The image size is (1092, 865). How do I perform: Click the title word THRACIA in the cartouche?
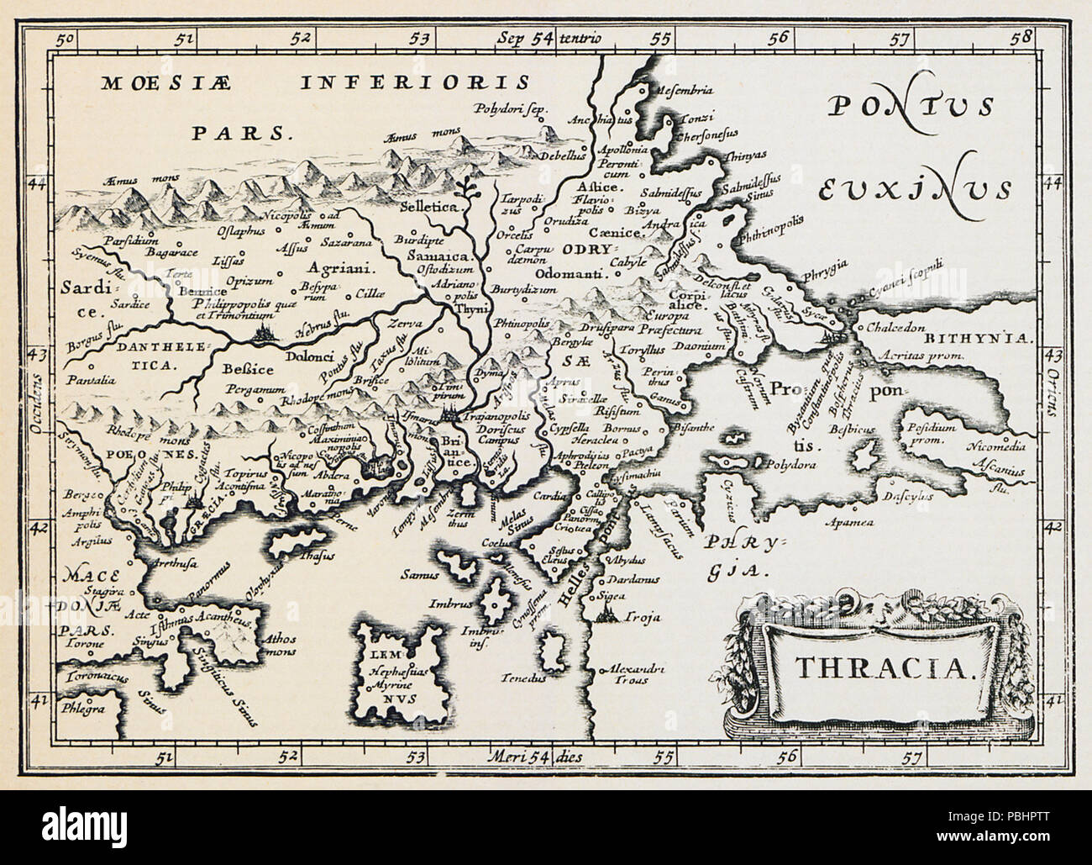point(883,666)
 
